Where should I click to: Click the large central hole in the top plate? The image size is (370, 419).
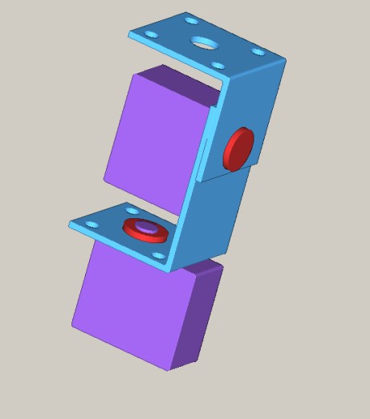[204, 43]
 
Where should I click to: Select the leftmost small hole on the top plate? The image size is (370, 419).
[150, 35]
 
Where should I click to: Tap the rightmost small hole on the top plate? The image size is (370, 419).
[258, 52]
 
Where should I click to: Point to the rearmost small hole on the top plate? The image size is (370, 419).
[189, 20]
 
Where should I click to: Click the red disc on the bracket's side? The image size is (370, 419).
[238, 148]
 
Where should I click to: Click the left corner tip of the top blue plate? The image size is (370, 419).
[130, 34]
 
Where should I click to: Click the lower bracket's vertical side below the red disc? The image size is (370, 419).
[217, 217]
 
